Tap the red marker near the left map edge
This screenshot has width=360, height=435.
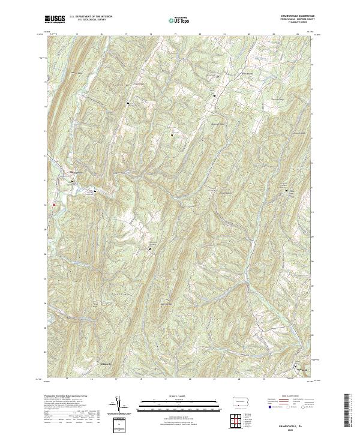[54, 205]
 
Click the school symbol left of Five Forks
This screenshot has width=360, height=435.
[217, 77]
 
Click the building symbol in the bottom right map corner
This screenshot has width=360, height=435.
[295, 365]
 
